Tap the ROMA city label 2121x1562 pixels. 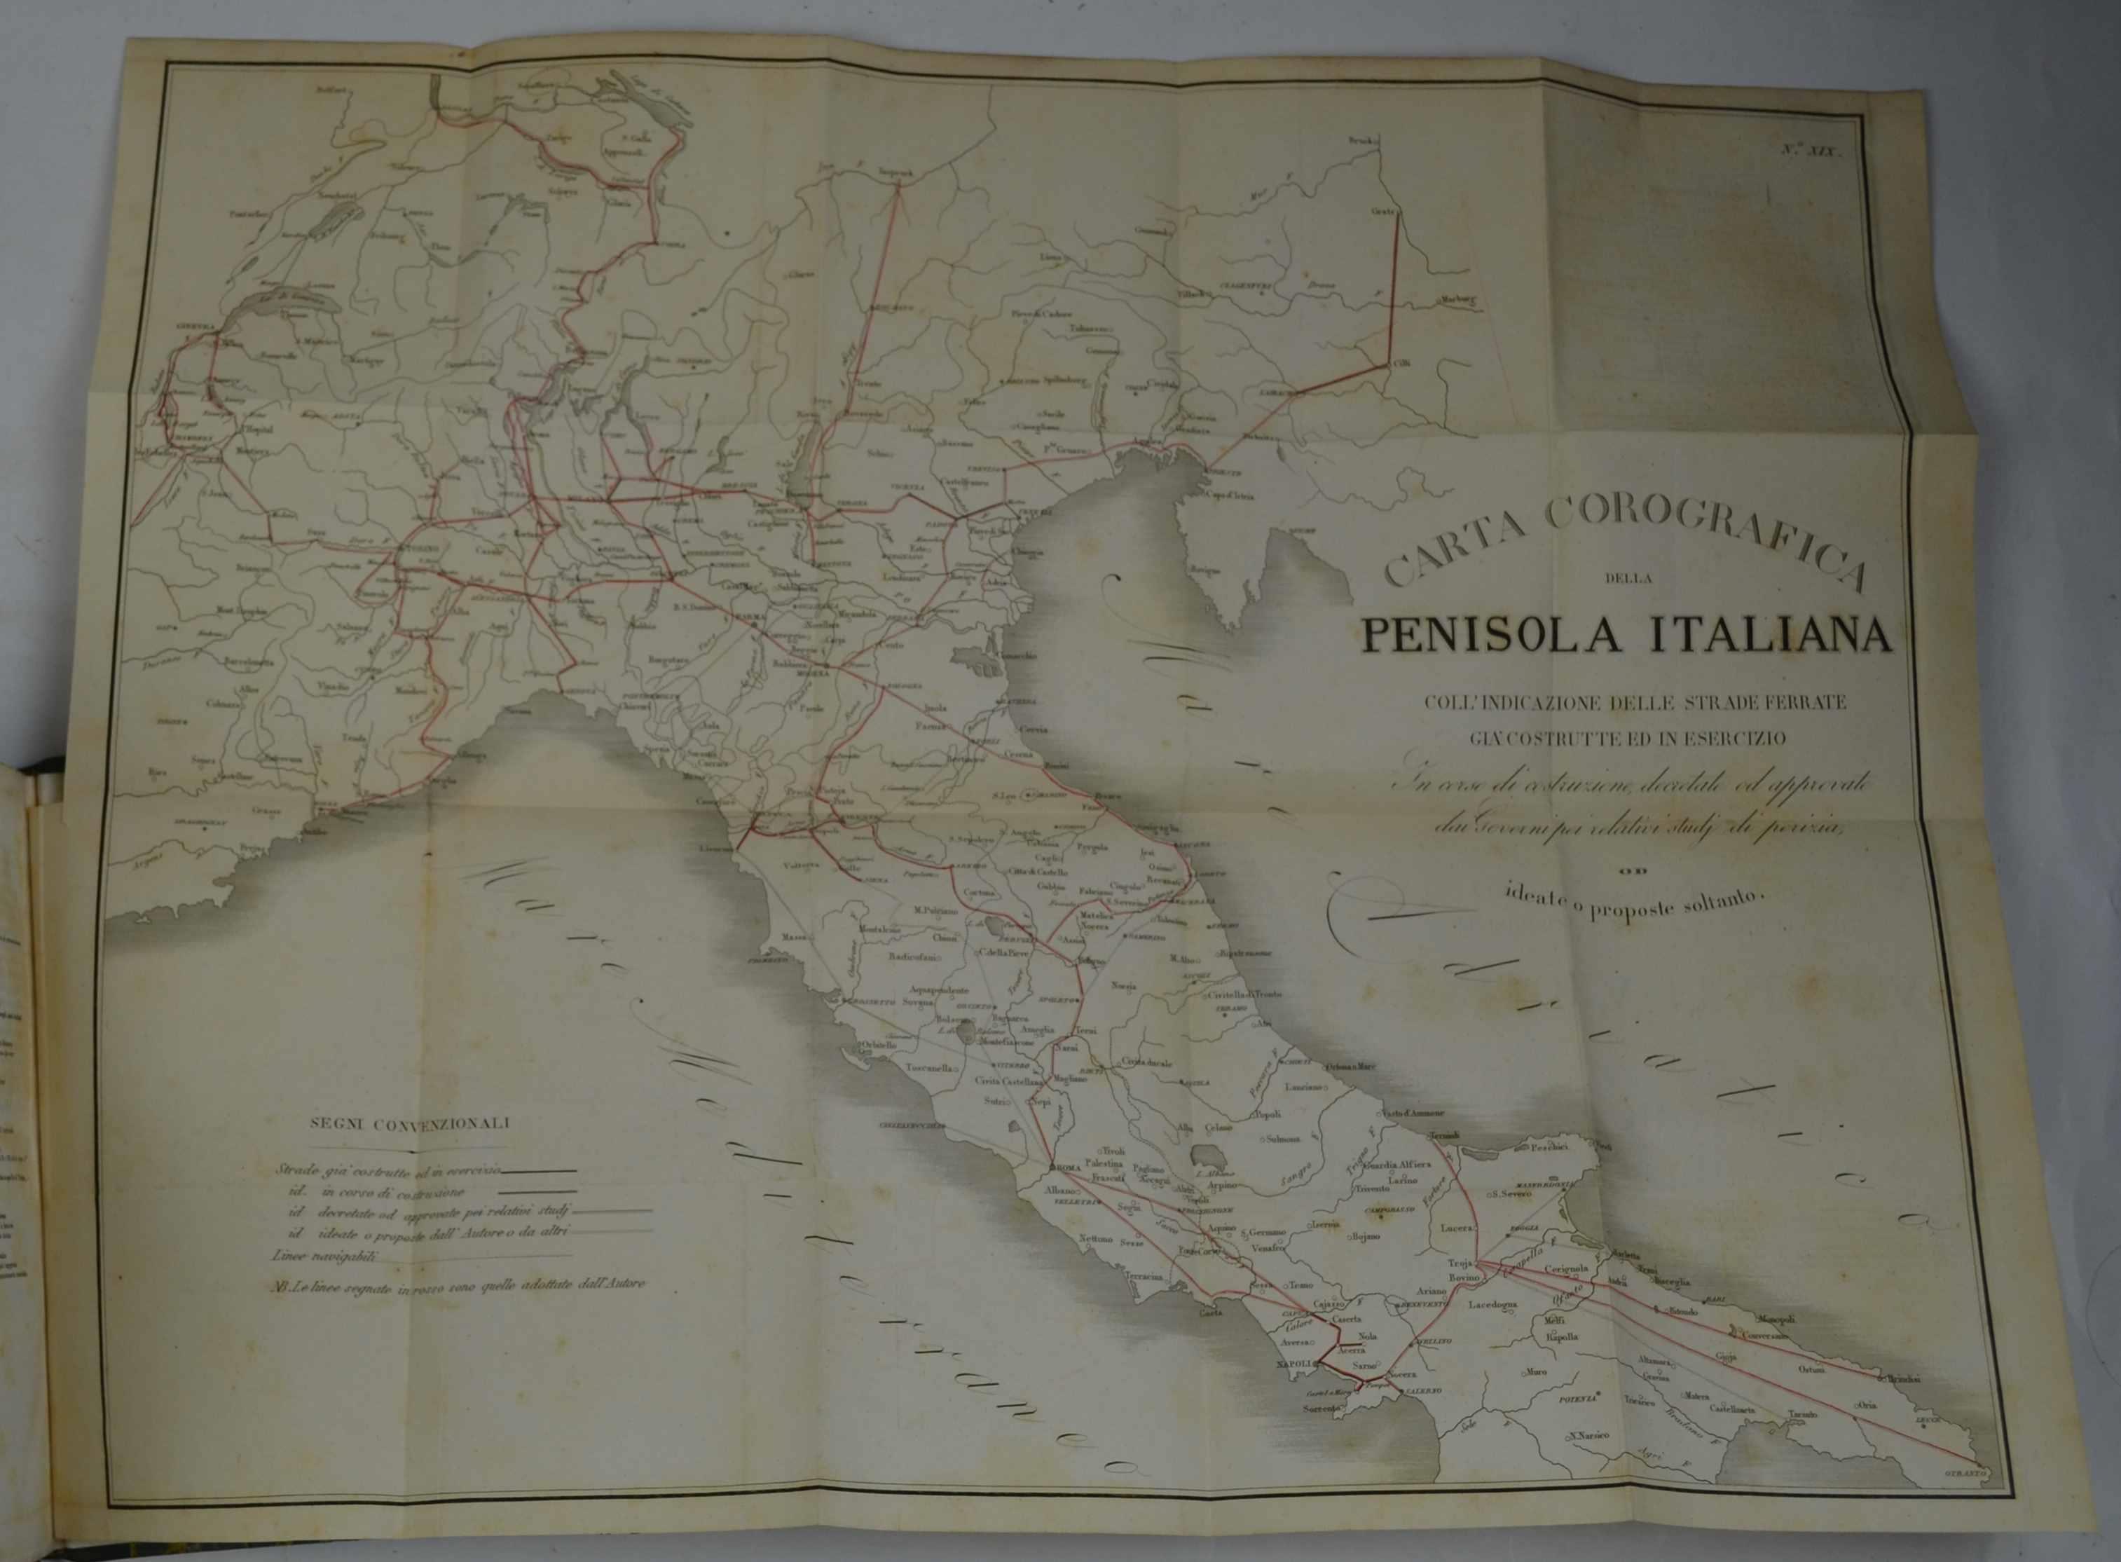pos(1062,1170)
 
